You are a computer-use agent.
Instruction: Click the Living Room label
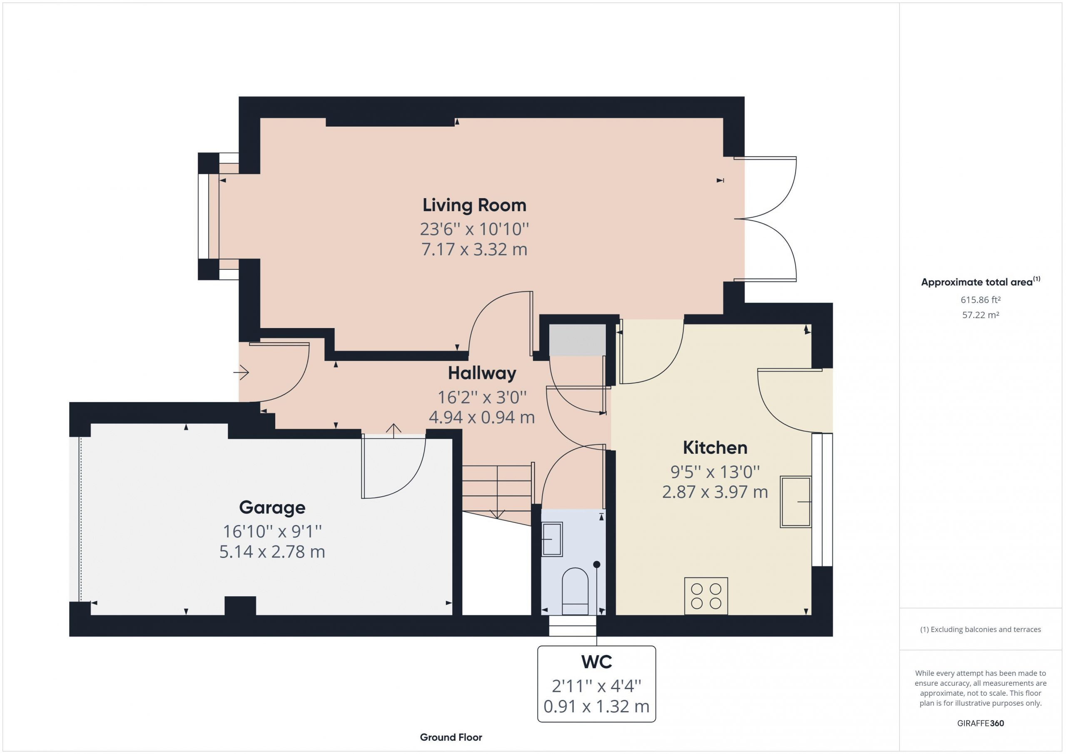(474, 205)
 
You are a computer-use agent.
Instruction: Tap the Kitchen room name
(715, 448)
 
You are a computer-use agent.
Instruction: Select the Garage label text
(272, 508)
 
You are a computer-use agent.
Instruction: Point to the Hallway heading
(482, 373)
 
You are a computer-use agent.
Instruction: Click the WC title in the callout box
(597, 662)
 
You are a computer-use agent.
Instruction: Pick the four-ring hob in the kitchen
(706, 596)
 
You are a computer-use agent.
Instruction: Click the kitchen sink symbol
(795, 502)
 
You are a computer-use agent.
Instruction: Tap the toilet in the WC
(575, 592)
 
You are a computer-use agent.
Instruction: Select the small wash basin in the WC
(552, 540)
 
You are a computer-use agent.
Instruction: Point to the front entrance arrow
(242, 372)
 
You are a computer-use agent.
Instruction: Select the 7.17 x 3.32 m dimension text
(474, 249)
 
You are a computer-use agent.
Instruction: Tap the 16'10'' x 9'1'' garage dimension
(272, 531)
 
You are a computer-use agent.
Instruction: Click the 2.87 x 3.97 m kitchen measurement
(715, 492)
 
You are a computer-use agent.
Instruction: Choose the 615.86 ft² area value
(981, 300)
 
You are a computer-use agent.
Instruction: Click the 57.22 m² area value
(981, 315)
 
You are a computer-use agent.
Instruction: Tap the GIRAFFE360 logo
(981, 723)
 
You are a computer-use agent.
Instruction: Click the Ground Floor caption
(451, 737)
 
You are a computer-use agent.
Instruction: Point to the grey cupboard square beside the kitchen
(578, 340)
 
